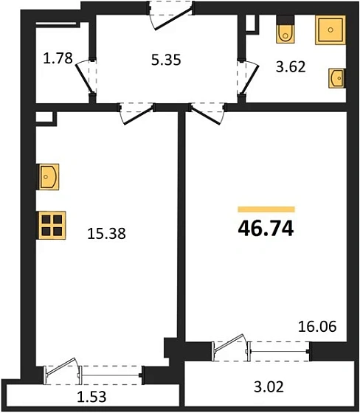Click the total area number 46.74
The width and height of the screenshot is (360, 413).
[266, 229]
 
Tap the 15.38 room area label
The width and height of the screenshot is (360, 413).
[106, 234]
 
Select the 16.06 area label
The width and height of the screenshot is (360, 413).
[317, 327]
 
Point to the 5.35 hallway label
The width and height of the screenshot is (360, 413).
[166, 60]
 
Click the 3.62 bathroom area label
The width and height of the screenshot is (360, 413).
[291, 66]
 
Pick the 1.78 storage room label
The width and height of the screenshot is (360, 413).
[58, 58]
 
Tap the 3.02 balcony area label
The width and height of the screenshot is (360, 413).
[269, 387]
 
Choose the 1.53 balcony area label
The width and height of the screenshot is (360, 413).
[91, 397]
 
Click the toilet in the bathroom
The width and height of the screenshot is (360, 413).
[285, 29]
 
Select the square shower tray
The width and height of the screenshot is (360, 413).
[330, 29]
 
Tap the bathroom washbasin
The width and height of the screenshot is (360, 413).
[336, 78]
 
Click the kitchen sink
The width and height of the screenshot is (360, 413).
[49, 177]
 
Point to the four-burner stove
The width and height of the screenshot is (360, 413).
[52, 226]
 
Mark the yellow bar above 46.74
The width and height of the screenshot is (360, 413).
[266, 209]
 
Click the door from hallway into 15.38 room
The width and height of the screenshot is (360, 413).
[137, 114]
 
